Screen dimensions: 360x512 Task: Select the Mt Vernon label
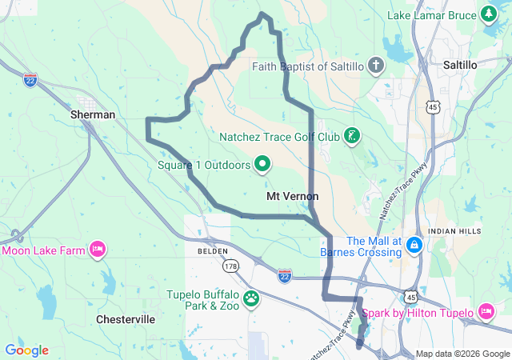(293, 196)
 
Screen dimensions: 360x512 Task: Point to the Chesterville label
(125, 319)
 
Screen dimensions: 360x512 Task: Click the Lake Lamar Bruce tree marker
(488, 14)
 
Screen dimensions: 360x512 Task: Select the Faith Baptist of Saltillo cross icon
(376, 66)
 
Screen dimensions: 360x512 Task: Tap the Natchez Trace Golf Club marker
(350, 136)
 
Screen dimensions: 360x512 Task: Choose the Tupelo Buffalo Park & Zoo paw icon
(252, 299)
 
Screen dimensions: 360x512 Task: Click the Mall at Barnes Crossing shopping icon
(414, 242)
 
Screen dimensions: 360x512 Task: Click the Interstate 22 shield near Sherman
(30, 81)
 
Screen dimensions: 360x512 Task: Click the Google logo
(26, 350)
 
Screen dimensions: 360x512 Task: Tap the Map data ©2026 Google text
(462, 354)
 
